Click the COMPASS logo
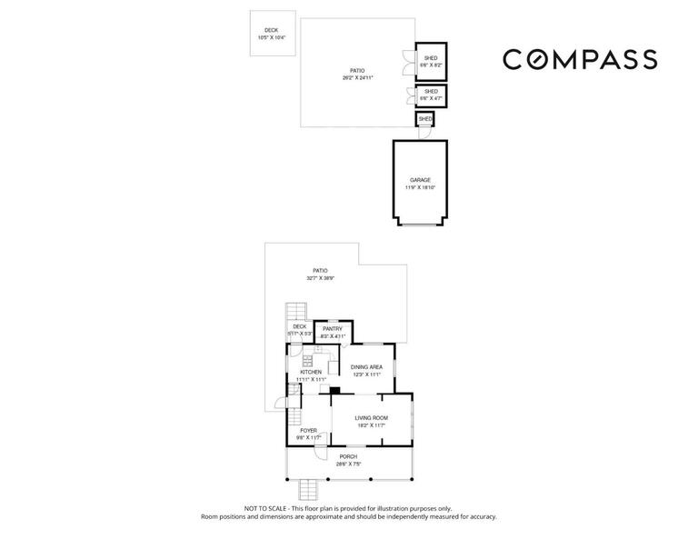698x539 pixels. pyautogui.click(x=580, y=59)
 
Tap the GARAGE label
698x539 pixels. pyautogui.click(x=420, y=180)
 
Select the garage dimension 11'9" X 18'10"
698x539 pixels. pyautogui.click(x=420, y=188)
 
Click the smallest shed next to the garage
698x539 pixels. pyautogui.click(x=425, y=119)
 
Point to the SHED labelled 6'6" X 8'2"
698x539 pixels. pyautogui.click(x=431, y=62)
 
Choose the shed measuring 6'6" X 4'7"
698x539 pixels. pyautogui.click(x=431, y=95)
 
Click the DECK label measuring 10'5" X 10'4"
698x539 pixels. pyautogui.click(x=271, y=34)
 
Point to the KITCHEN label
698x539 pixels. pyautogui.click(x=311, y=372)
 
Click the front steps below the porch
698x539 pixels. pyautogui.click(x=311, y=490)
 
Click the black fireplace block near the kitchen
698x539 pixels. pyautogui.click(x=334, y=391)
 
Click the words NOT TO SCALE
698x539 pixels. pyautogui.click(x=265, y=508)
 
